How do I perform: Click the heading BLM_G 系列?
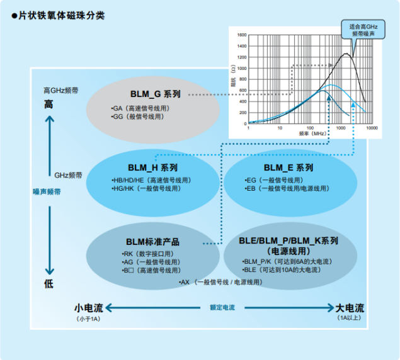(155, 94)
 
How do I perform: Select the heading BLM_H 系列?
(152, 168)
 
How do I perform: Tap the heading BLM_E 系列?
(288, 168)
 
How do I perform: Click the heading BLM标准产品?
(152, 242)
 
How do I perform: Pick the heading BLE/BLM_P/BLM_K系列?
(289, 241)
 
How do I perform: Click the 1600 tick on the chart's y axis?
(242, 36)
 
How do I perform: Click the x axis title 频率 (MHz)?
(312, 133)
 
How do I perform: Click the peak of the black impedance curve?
(346, 54)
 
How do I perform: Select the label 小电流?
(87, 308)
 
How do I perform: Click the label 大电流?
(350, 308)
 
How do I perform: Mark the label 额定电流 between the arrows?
(222, 308)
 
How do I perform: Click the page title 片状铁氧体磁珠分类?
(60, 14)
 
